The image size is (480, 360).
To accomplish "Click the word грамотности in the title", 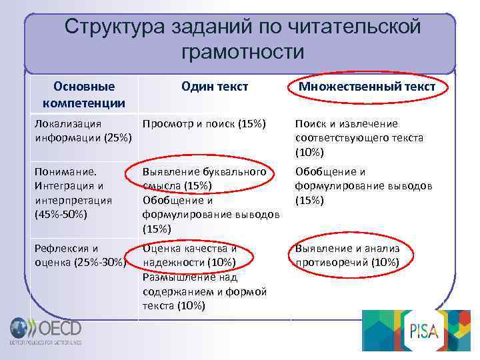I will coord(241,51).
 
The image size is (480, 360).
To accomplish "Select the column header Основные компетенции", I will coord(83,95).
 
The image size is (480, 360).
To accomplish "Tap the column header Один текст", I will coord(215,86).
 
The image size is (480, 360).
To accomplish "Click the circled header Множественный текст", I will coord(367,87).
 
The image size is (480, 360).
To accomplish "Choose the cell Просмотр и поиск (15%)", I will coord(204,123).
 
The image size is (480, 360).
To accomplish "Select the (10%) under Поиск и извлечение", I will coord(309,152).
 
